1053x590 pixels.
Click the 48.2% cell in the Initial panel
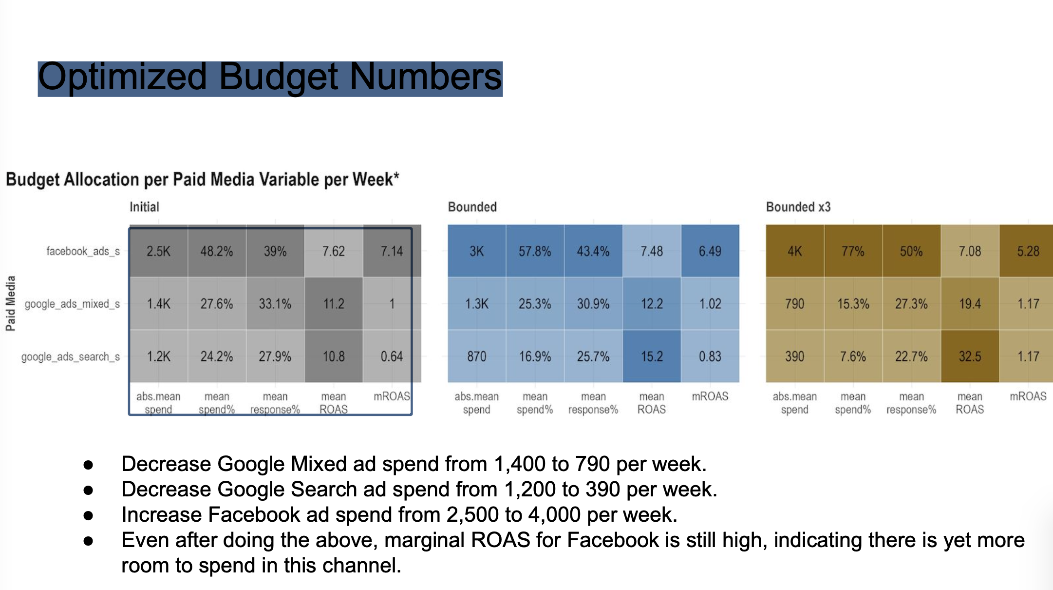coord(217,251)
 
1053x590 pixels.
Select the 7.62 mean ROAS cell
coord(334,251)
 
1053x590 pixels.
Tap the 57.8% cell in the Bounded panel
coord(535,251)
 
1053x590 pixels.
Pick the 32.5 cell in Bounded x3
coord(970,356)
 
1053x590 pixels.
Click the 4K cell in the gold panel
coord(794,251)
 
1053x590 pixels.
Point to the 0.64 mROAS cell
coord(392,356)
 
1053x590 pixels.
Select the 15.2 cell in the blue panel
coord(652,356)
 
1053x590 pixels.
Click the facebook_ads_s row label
coord(83,251)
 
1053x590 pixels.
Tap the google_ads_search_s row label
coord(71,356)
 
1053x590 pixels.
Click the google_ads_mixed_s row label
coord(72,304)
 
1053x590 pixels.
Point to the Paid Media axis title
coord(11,303)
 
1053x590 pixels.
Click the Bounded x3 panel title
coord(798,207)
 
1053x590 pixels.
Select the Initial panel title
coord(144,207)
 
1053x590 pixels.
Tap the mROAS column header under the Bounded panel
coord(710,396)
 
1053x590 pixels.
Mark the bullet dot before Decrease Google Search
coord(88,490)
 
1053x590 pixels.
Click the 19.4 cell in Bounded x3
coord(970,304)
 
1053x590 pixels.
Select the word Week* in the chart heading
coord(376,179)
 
